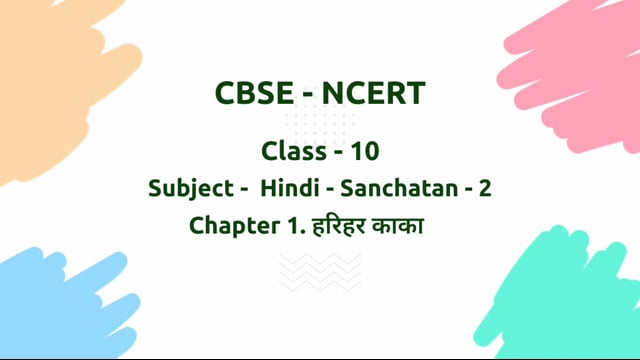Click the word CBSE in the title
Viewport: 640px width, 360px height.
click(x=254, y=95)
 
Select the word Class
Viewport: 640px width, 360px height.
click(x=292, y=151)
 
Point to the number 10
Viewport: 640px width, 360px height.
click(x=365, y=151)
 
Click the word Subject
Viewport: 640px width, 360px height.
click(x=186, y=188)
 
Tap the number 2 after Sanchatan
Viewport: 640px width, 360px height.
click(x=485, y=188)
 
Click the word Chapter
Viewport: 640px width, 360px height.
click(x=229, y=226)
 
